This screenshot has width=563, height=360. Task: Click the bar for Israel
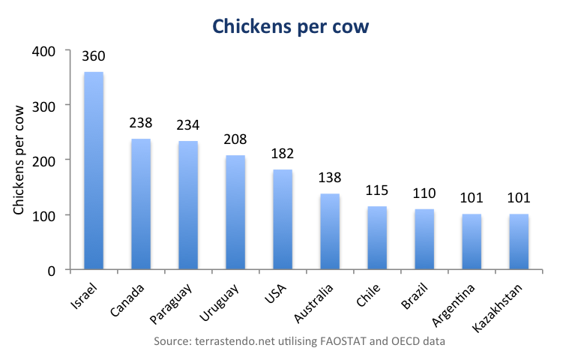pyautogui.click(x=94, y=171)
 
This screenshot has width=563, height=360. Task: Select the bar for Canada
pyautogui.click(x=141, y=204)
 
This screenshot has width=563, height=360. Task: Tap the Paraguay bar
pyautogui.click(x=188, y=205)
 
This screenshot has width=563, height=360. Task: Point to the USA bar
pyautogui.click(x=283, y=220)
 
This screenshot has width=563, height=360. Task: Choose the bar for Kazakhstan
pyautogui.click(x=519, y=241)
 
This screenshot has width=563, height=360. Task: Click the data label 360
pyautogui.click(x=94, y=56)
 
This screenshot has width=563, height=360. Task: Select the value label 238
pyautogui.click(x=141, y=124)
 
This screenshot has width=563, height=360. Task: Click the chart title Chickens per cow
pyautogui.click(x=291, y=26)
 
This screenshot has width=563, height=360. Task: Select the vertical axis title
pyautogui.click(x=20, y=160)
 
